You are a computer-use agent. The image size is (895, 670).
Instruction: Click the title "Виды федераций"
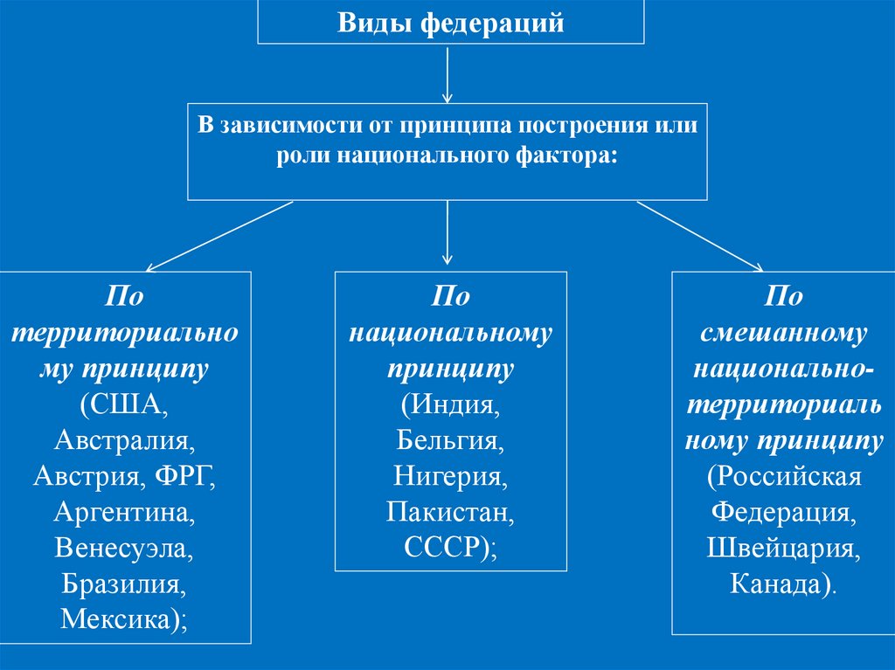tap(450, 24)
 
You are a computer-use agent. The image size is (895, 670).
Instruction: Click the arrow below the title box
tap(447, 73)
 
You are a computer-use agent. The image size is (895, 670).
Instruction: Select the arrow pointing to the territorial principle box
tap(219, 236)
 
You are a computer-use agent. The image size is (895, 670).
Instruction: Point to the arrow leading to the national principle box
tap(447, 231)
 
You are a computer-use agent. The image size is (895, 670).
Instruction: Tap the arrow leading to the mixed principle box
tap(699, 236)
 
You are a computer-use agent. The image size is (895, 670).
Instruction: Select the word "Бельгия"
tap(448, 440)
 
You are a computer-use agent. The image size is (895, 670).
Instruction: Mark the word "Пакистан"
tap(449, 512)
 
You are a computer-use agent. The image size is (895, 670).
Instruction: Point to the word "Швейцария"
tap(781, 548)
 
